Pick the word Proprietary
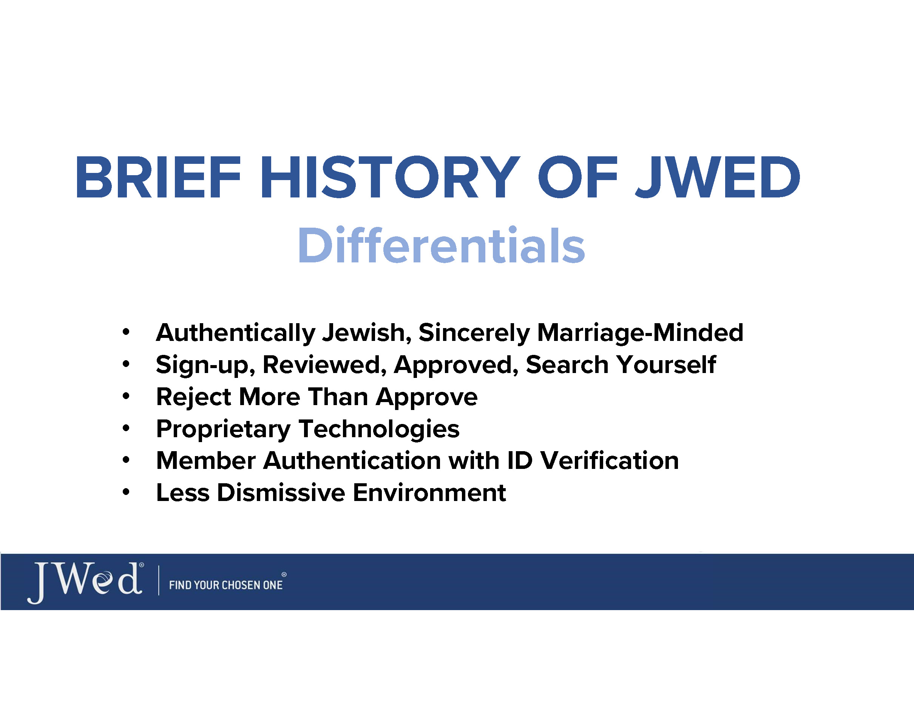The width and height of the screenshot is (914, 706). tap(224, 430)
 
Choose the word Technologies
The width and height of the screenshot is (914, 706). tap(379, 430)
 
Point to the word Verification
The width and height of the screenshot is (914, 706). tap(609, 461)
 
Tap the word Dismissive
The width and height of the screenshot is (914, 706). tap(281, 492)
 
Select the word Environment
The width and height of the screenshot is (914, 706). tap(429, 493)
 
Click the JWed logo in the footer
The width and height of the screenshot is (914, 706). tap(86, 583)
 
